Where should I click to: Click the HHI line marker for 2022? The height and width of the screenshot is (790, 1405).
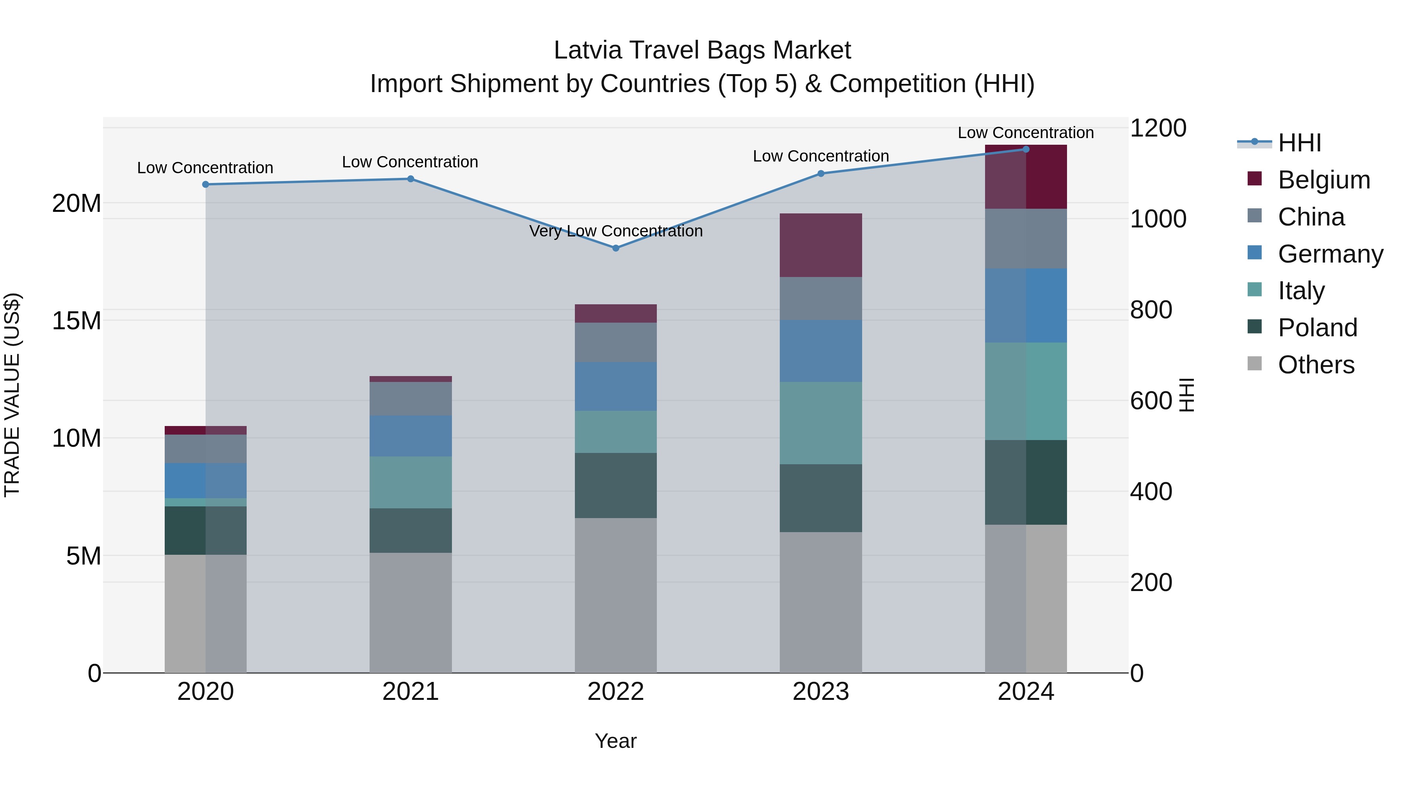pyautogui.click(x=616, y=248)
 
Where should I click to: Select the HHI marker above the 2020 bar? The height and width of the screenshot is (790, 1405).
pyautogui.click(x=206, y=184)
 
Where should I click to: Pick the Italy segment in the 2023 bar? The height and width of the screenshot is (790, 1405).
pyautogui.click(x=820, y=423)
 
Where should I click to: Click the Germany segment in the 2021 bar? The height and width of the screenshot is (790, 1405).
pyautogui.click(x=410, y=436)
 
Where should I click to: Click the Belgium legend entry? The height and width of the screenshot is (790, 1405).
pyautogui.click(x=1324, y=180)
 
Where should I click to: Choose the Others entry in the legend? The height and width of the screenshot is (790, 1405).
pyautogui.click(x=1316, y=365)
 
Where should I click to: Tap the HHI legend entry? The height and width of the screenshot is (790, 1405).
pyautogui.click(x=1299, y=143)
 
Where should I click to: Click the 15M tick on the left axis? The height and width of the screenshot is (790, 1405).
pyautogui.click(x=76, y=321)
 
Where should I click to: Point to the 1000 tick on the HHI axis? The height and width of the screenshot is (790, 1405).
pyautogui.click(x=1158, y=219)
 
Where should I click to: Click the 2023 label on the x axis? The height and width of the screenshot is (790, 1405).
pyautogui.click(x=820, y=691)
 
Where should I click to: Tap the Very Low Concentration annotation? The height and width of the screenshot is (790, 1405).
pyautogui.click(x=616, y=231)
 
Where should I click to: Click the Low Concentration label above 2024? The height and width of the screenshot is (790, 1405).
pyautogui.click(x=1025, y=133)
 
